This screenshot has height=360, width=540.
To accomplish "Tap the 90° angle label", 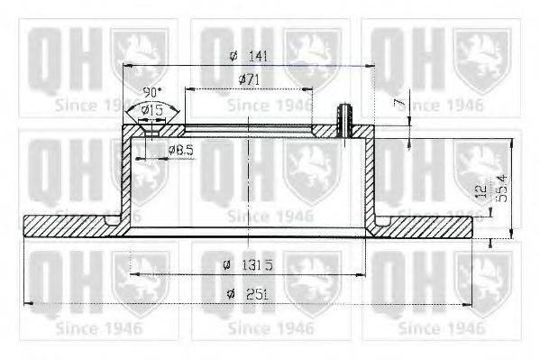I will pos(152,93).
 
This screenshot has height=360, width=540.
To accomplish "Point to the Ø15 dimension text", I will pos(153,109).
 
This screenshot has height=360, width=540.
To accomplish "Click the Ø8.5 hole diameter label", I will pos(180,150).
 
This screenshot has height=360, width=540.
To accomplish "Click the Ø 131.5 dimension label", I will pos(248,265).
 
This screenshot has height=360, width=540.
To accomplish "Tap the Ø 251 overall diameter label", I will pos(245,293).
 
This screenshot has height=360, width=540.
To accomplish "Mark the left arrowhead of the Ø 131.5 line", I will pos(134,274).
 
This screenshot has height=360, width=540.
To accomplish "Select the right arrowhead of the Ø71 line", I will pos(310,89).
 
